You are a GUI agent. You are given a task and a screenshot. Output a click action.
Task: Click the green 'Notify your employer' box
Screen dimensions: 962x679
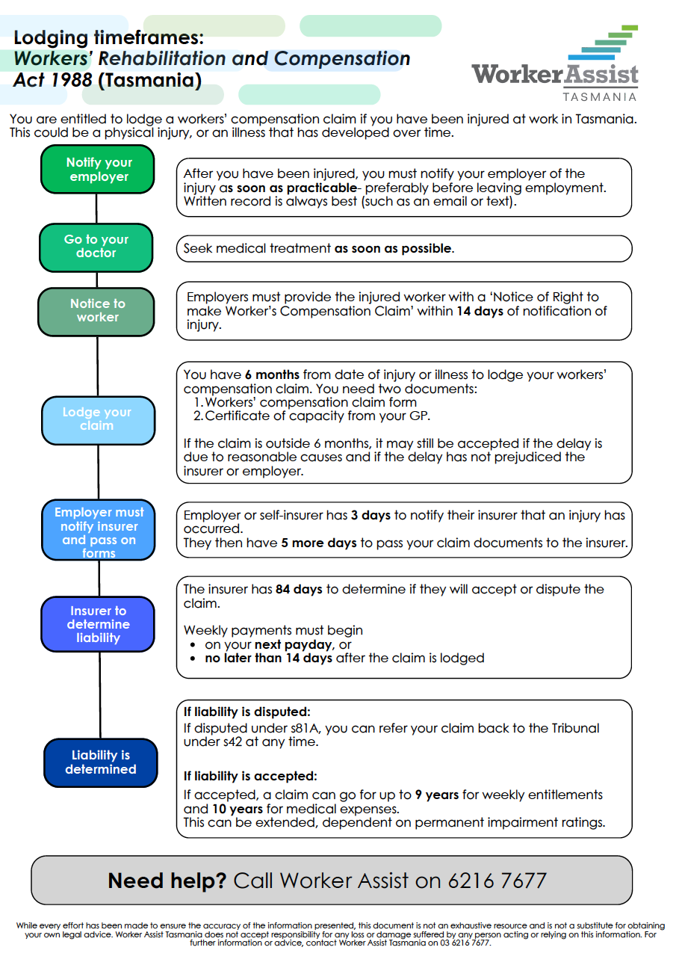98,170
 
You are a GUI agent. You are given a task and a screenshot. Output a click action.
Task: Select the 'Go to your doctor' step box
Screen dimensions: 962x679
96,247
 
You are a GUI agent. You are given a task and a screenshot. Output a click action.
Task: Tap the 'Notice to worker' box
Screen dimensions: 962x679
97,311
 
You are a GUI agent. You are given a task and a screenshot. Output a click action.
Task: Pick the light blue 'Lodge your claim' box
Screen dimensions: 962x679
97,419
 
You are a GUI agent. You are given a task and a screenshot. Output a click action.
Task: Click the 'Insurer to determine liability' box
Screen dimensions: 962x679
98,624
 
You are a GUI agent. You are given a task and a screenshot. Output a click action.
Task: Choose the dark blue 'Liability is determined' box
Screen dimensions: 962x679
100,762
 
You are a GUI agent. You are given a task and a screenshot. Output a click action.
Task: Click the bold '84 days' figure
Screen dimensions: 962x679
299,590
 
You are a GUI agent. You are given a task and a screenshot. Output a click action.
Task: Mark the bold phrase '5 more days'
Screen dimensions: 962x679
319,543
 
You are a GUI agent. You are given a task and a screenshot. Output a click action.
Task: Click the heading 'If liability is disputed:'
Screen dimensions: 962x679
247,712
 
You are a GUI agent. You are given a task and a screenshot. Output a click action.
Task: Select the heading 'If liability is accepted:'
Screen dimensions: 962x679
250,777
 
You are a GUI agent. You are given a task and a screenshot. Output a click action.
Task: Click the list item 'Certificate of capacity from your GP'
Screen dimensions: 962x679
317,416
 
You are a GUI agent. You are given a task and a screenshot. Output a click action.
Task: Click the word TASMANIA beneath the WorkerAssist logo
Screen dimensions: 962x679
599,96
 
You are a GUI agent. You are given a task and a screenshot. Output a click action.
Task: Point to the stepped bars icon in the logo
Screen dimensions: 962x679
604,45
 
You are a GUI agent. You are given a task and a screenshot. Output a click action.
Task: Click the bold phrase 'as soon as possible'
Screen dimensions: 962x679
393,249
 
